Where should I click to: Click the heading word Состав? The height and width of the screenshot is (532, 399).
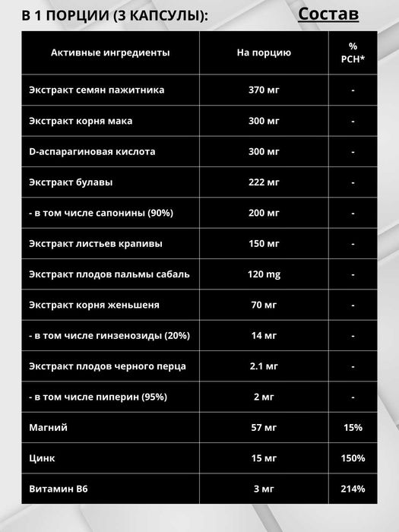(328, 14)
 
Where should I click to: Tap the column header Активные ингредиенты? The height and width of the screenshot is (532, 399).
(110, 52)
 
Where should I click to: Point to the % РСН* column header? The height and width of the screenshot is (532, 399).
(353, 52)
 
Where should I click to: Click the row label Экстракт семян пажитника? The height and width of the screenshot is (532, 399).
(97, 90)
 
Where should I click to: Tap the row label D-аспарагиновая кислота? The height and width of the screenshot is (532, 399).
(92, 151)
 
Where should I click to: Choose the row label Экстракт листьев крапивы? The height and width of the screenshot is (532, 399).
(96, 244)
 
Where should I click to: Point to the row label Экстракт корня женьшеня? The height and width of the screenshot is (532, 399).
(94, 305)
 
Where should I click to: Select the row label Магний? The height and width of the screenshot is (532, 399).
(48, 428)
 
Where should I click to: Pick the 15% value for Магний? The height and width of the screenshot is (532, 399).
(353, 428)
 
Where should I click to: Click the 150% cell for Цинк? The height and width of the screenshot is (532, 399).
(353, 458)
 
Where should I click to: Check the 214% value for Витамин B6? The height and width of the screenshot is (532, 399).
(353, 489)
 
